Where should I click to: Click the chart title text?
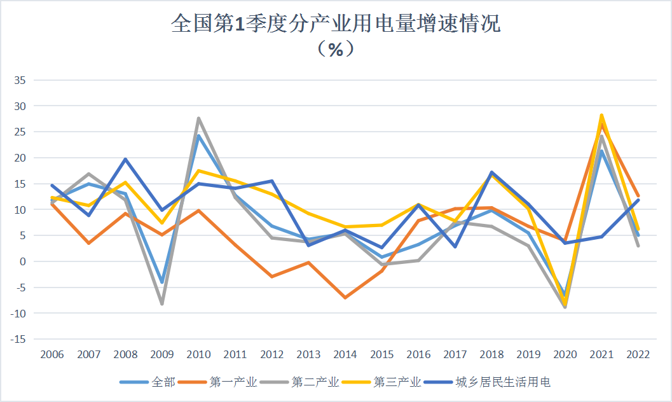coord(336,24)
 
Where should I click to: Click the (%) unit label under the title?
coord(336,49)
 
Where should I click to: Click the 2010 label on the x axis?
coord(199,354)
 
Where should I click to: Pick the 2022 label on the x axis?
coord(638,354)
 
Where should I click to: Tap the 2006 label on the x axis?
coord(52,354)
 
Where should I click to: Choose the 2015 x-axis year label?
coord(381,354)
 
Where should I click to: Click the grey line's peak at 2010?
coord(198,118)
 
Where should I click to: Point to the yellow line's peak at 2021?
coord(601,115)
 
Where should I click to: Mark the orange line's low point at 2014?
coord(345,298)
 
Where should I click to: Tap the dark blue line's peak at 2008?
coord(125,159)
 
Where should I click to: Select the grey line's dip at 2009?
coord(162,304)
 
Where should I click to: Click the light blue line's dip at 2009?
coord(162,282)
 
